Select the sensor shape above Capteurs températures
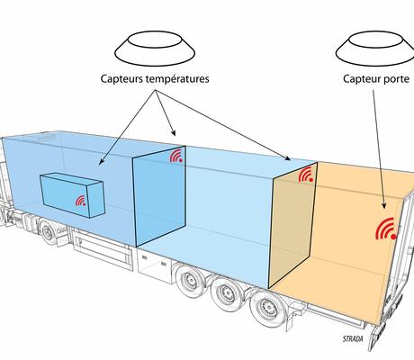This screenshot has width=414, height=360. [x=155, y=49]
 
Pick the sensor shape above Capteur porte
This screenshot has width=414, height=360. [x=375, y=49]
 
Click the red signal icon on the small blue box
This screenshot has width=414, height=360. [x=81, y=201]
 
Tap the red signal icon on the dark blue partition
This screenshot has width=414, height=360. [x=176, y=156]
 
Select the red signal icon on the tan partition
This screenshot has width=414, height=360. [x=306, y=175]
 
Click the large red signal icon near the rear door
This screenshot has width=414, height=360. [x=386, y=229]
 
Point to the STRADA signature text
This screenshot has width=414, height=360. [x=353, y=339]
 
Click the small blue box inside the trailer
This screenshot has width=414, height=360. [x=72, y=195]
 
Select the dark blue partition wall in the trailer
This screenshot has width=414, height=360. [x=159, y=196]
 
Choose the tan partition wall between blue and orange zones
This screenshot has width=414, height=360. [x=292, y=226]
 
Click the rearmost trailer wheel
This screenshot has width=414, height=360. [x=268, y=307]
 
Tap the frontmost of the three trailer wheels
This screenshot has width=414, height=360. [x=190, y=280]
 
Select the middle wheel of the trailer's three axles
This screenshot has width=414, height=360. [x=227, y=292]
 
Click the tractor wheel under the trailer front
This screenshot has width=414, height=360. [x=48, y=232]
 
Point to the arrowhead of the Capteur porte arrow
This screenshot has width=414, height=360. [x=383, y=205]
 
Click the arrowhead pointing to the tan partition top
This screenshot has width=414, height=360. [x=288, y=158]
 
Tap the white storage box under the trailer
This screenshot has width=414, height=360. [x=155, y=263]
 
